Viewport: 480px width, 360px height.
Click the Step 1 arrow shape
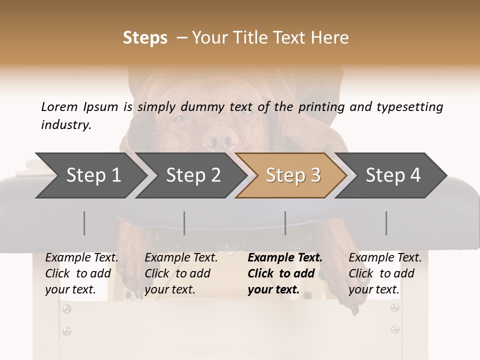[92, 175]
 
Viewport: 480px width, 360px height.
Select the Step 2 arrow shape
[193, 175]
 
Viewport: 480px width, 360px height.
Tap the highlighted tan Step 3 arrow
[292, 175]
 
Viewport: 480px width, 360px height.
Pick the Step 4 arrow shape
[393, 175]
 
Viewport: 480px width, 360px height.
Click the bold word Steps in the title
[145, 38]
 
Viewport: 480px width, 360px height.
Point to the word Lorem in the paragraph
[59, 106]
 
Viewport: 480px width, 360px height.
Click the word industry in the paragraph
[65, 125]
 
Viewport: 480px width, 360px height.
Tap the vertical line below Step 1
[84, 223]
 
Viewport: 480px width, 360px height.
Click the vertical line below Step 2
[184, 223]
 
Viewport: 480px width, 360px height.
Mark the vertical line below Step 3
[285, 223]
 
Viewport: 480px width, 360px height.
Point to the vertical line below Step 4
[386, 223]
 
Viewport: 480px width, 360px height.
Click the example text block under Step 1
[81, 273]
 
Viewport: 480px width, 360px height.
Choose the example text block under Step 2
[181, 273]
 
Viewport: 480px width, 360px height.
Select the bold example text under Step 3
[284, 273]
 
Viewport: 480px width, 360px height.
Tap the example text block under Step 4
[385, 273]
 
